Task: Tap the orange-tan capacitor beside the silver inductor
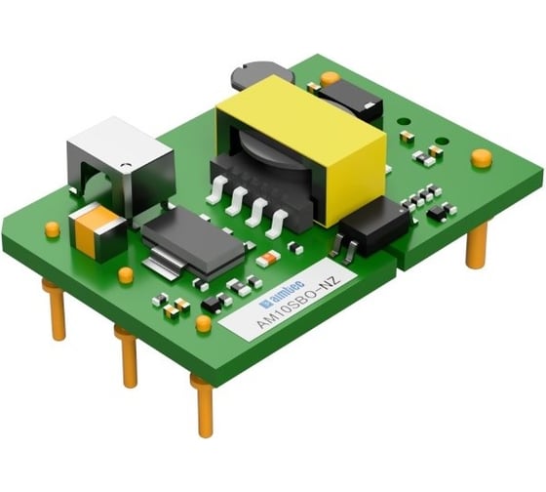click(98, 230)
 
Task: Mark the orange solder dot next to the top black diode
click(330, 77)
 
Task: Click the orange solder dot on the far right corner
click(481, 156)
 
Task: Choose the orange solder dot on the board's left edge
click(52, 229)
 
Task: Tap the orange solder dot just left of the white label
click(204, 322)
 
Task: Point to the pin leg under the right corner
click(476, 245)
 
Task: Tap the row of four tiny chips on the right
click(416, 197)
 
